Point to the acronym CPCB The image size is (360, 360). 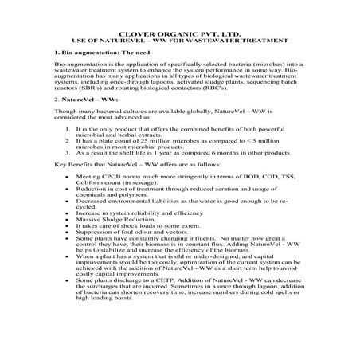(x=119, y=184)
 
